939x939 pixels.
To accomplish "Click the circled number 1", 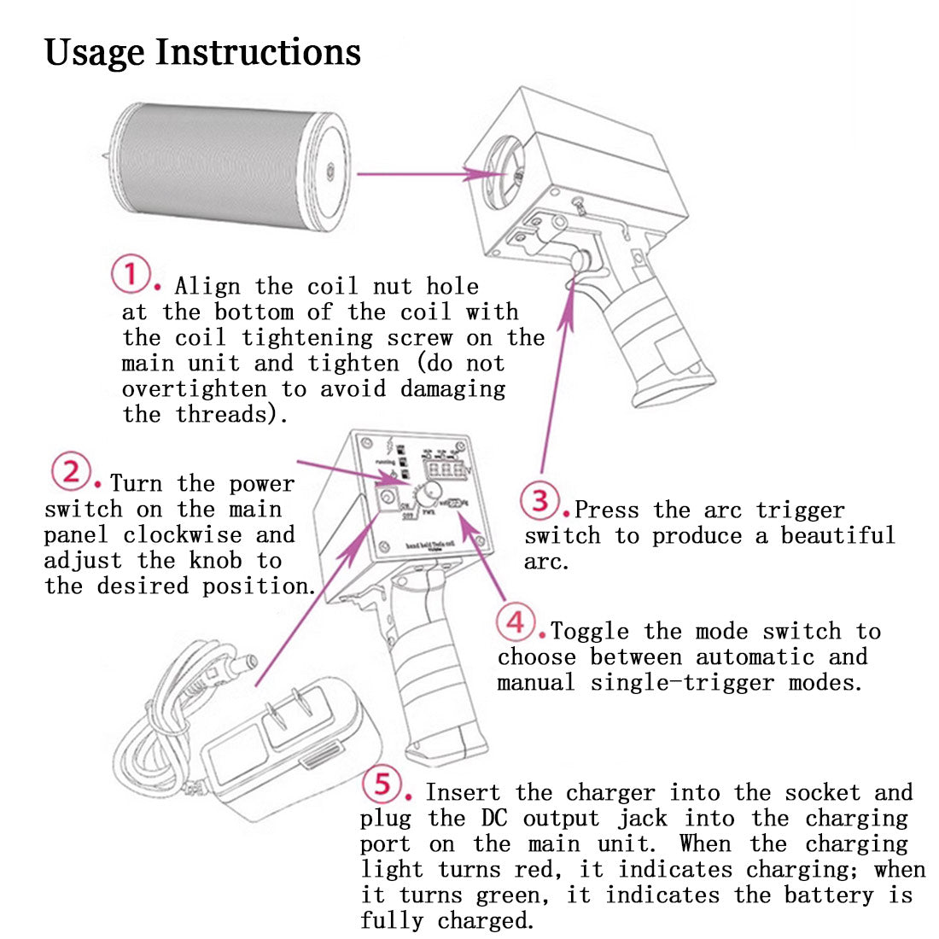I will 131,274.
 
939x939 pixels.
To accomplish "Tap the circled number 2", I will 70,472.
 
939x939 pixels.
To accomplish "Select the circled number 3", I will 540,499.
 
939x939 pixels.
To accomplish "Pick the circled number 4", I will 516,622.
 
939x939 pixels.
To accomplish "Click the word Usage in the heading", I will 94,52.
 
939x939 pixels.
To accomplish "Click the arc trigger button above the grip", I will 582,260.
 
